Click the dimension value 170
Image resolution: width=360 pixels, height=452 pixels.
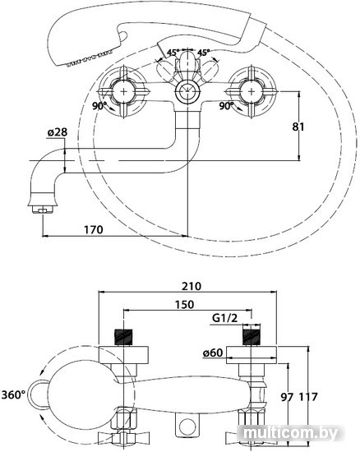tap(94, 230)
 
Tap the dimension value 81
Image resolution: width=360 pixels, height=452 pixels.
tap(298, 127)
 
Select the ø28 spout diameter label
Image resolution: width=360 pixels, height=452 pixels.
tap(58, 132)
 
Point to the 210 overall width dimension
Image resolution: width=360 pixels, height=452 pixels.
tap(192, 286)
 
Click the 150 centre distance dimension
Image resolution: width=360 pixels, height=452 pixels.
tap(184, 304)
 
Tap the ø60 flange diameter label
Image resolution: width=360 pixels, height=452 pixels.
tap(213, 353)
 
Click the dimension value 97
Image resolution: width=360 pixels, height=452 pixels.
tap(287, 397)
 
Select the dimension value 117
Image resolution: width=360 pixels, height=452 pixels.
tap(308, 397)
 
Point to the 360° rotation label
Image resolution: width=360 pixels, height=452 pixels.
tap(13, 394)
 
